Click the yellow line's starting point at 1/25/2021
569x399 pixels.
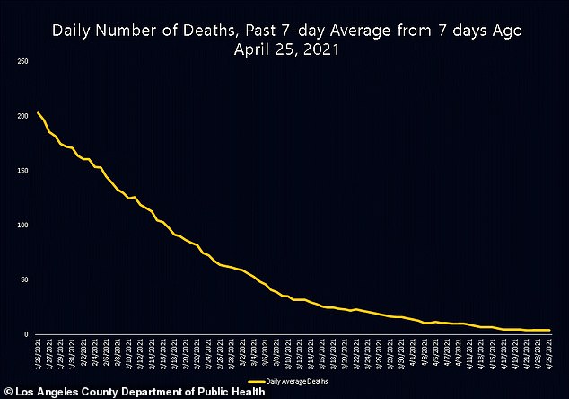[38, 112]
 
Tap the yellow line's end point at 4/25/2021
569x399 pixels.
[548, 330]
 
